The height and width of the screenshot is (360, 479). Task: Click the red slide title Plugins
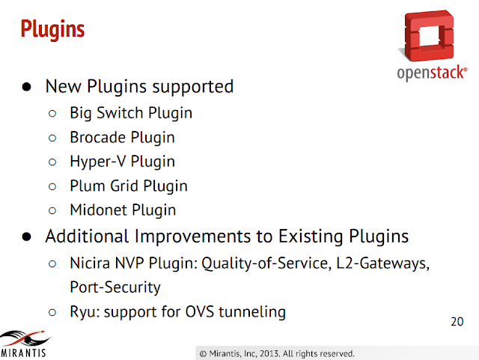coord(52,30)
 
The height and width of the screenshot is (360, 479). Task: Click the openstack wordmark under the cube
coord(432,73)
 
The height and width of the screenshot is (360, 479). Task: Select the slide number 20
coord(457,322)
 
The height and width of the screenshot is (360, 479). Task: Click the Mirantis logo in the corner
coord(24,344)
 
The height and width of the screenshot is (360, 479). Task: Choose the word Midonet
coord(98,210)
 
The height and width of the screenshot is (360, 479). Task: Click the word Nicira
coord(90,263)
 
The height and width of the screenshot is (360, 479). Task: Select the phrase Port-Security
coord(115,287)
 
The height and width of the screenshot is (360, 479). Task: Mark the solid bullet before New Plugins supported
coord(27,87)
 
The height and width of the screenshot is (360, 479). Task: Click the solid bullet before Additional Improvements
coord(27,237)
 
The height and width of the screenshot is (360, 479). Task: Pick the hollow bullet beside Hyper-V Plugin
coord(52,162)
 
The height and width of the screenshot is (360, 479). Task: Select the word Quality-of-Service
coord(264,263)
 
